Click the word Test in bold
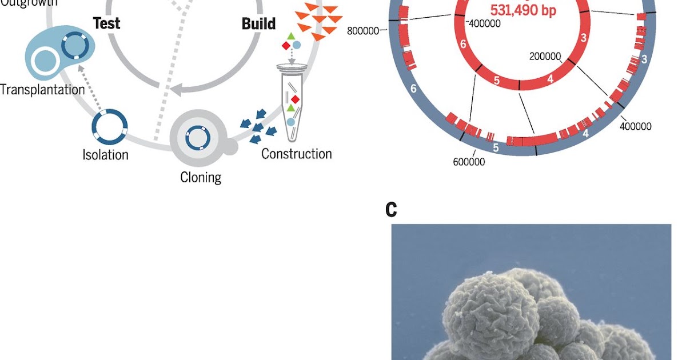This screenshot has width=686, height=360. pyautogui.click(x=107, y=23)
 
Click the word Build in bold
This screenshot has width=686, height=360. pyautogui.click(x=258, y=24)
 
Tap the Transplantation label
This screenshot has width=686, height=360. pyautogui.click(x=42, y=90)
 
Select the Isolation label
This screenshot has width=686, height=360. pyautogui.click(x=106, y=154)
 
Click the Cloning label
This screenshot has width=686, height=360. pyautogui.click(x=201, y=177)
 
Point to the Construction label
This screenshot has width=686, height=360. pyautogui.click(x=296, y=154)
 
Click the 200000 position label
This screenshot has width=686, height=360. pyautogui.click(x=546, y=57)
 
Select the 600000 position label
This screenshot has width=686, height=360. pyautogui.click(x=469, y=162)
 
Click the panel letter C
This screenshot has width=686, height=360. pyautogui.click(x=391, y=210)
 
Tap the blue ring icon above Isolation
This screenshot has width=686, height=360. pyautogui.click(x=110, y=126)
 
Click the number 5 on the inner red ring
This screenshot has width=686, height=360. pyautogui.click(x=496, y=81)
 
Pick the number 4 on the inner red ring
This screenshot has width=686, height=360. pyautogui.click(x=550, y=79)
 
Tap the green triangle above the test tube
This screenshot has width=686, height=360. pyautogui.click(x=291, y=37)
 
